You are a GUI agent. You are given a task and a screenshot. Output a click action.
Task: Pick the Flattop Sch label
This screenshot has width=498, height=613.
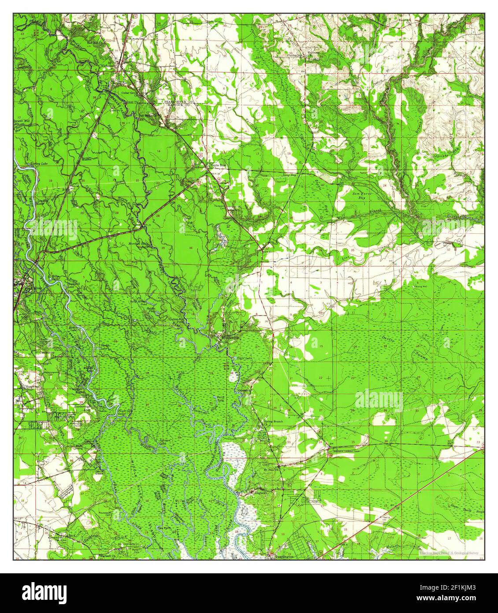pyautogui.click(x=284, y=56)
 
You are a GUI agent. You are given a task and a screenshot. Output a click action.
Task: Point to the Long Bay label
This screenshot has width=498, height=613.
pyautogui.click(x=289, y=175)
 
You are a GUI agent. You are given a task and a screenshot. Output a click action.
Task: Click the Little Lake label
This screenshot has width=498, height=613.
pyautogui.click(x=244, y=357)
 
